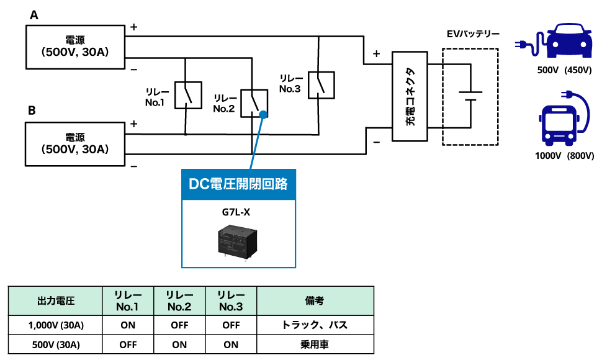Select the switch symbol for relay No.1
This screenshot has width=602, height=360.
187,95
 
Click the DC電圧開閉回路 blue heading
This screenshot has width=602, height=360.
238,184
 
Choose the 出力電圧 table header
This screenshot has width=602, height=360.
56,301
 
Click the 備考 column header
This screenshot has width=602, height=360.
315,301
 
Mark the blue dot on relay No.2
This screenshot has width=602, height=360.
263,114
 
